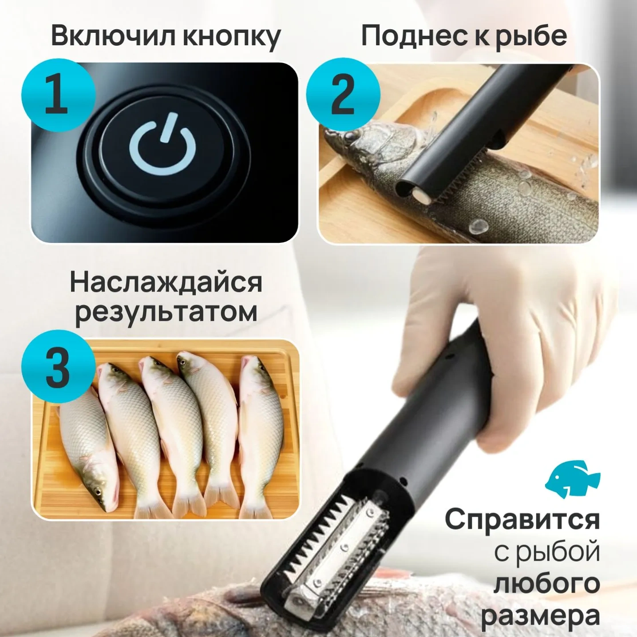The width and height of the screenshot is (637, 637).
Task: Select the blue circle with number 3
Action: [58, 368]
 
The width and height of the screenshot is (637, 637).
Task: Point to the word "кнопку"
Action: [231, 36]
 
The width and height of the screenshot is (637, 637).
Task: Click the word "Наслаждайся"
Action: [166, 283]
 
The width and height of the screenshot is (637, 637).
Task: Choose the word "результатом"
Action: [166, 312]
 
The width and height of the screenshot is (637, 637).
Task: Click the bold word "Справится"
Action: [522, 519]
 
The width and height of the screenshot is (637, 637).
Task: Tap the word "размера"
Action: [541, 616]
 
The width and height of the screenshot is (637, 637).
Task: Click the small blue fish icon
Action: [573, 479]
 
